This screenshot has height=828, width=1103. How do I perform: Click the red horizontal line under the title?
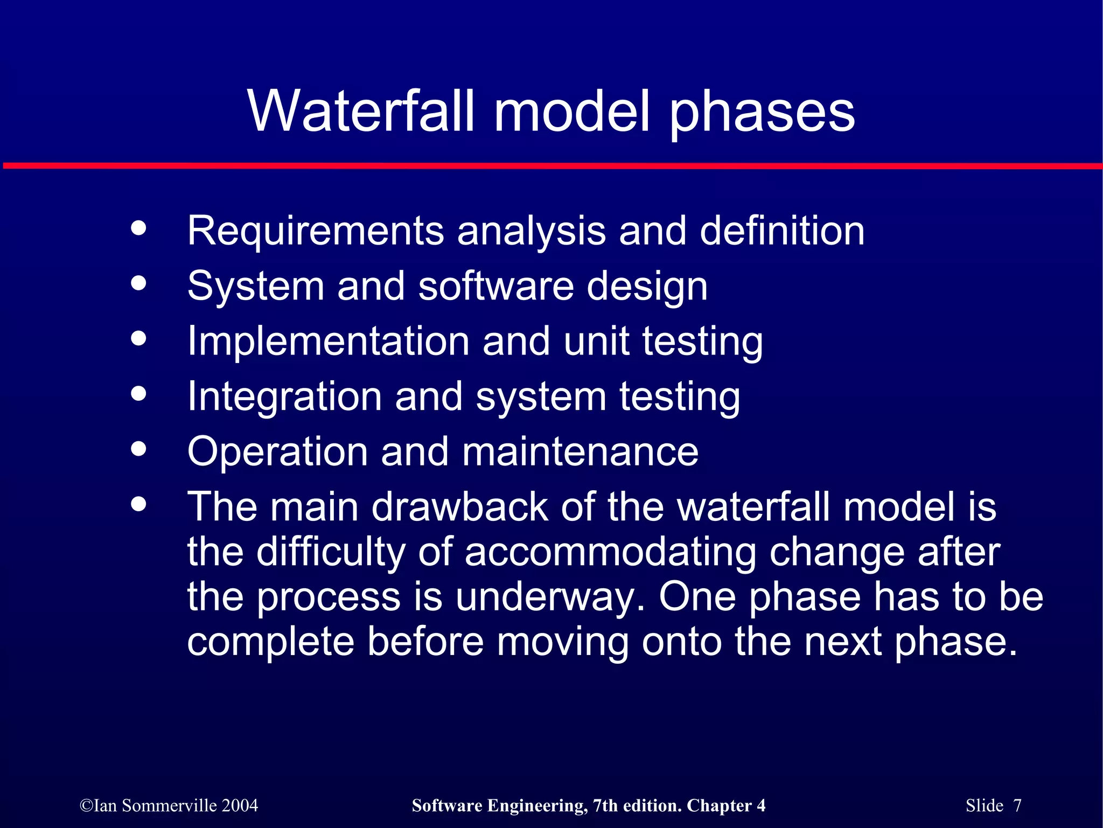551,166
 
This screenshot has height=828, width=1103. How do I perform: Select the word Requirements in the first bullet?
315,231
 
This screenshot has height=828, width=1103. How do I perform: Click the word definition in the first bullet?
781,230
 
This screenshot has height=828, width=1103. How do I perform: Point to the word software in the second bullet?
495,286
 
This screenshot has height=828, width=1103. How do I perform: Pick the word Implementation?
328,342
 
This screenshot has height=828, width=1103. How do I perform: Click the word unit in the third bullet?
596,342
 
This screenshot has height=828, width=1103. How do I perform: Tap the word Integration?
284,397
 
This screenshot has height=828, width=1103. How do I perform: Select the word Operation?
277,452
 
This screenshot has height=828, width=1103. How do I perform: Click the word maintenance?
580,452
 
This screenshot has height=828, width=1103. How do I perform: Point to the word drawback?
459,507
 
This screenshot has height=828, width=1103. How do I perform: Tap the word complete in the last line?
271,642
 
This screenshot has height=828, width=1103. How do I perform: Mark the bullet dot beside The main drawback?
138,504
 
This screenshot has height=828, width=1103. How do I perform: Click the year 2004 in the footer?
240,805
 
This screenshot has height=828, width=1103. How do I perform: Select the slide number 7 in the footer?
1017,805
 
